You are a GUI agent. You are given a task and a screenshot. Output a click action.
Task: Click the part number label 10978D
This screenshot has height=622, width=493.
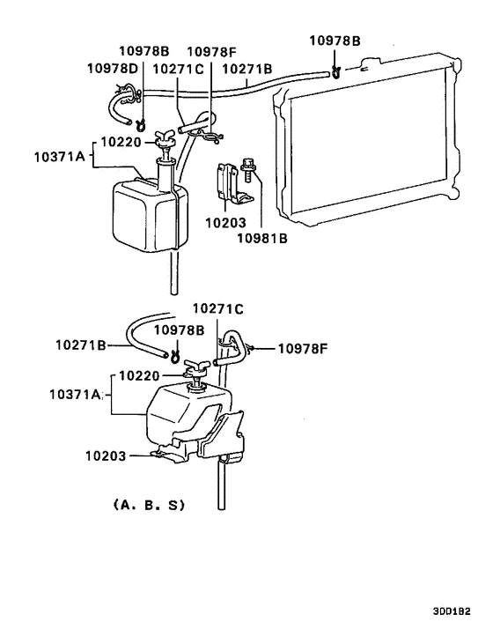tap(111, 68)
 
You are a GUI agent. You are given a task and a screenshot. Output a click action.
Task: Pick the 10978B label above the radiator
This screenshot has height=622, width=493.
tap(335, 41)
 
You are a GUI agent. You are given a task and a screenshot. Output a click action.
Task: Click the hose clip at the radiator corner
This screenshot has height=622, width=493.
tap(336, 71)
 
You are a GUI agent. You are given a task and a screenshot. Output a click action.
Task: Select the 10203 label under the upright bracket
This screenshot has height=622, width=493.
tap(225, 223)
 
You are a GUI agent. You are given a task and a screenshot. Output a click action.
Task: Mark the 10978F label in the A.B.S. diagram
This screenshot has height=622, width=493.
tap(302, 348)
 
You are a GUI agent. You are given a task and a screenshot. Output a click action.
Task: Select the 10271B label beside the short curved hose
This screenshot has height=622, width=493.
tap(81, 346)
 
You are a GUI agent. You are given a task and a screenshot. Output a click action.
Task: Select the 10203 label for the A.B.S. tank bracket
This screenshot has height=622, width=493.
tap(107, 455)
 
